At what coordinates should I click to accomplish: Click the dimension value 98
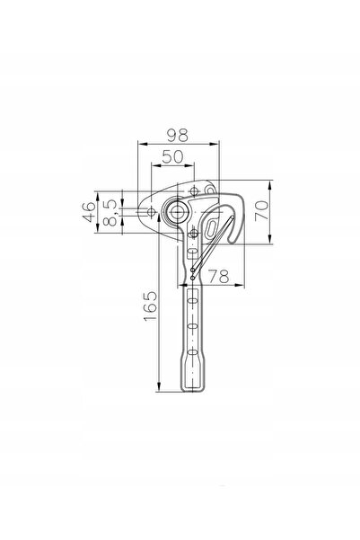[178, 136]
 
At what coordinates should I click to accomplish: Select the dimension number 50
[172, 156]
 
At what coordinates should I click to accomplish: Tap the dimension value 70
[261, 211]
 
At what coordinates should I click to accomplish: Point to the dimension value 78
[219, 276]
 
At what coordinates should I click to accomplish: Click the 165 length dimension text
[150, 306]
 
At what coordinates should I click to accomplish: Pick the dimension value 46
[89, 212]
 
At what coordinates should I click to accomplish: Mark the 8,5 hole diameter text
[110, 212]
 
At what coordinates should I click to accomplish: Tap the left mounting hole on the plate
[151, 212]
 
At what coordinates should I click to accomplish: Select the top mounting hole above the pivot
[195, 190]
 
